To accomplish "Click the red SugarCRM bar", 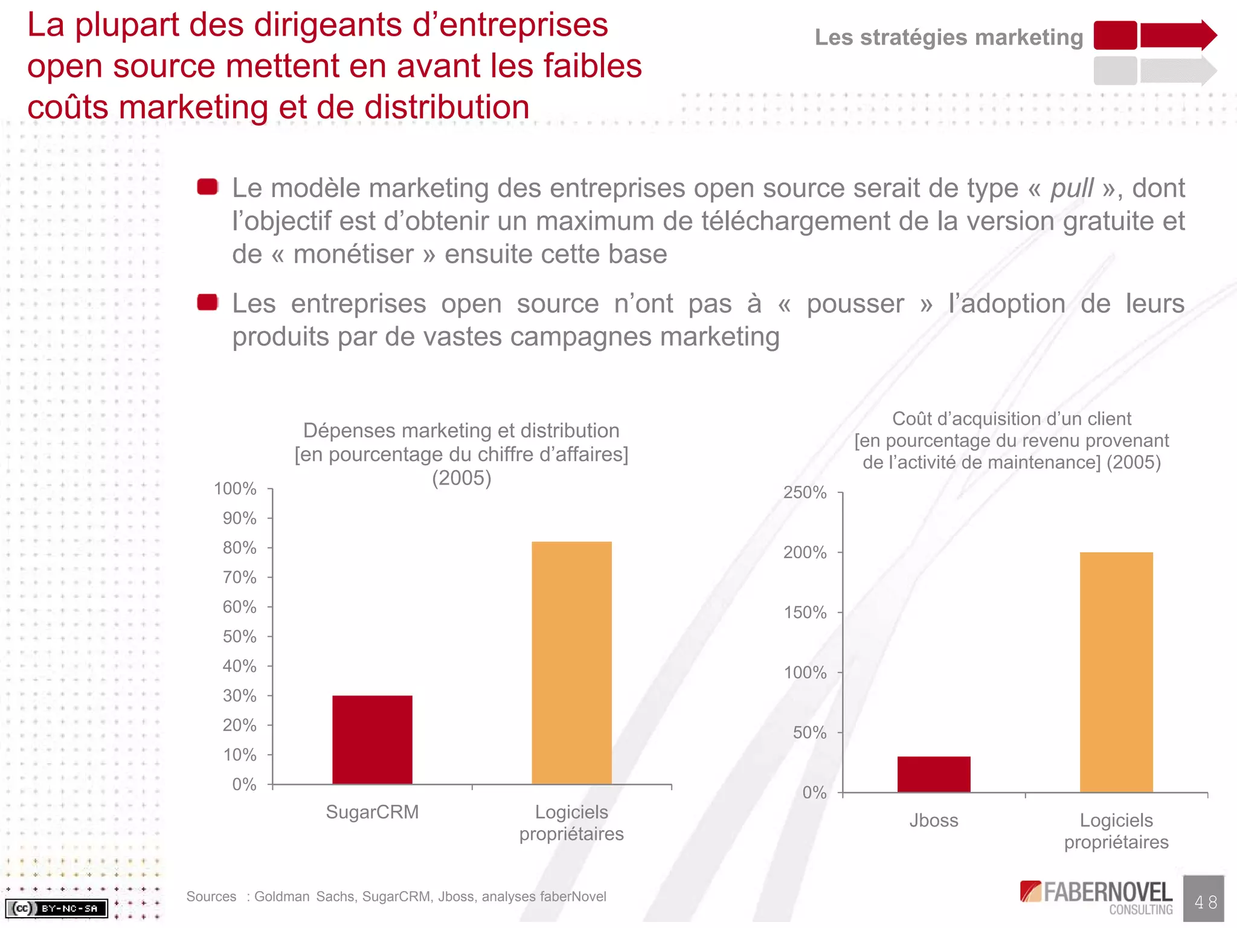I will pos(372,739).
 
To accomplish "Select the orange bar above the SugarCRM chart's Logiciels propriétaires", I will pos(571,663).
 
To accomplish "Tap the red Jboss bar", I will pos(934,774).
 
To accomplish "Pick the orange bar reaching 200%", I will pos(1116,672).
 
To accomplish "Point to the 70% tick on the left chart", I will pos(240,578).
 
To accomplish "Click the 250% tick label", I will pos(805,492).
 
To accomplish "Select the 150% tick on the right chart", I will pos(805,613).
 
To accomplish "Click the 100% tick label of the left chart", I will pos(235,489).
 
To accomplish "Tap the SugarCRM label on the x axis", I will pos(372,812).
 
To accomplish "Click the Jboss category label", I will pos(934,820).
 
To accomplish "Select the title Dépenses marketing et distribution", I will pos(461,431).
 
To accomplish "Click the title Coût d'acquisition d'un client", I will pos(1011,419).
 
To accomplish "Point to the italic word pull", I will pos(1072,188).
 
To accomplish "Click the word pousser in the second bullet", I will pos(855,304).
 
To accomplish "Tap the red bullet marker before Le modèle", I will pos(208,187).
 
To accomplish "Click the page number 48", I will pos(1205,902).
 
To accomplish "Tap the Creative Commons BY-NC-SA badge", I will pos(56,908).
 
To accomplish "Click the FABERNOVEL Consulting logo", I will pos(1096,897).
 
